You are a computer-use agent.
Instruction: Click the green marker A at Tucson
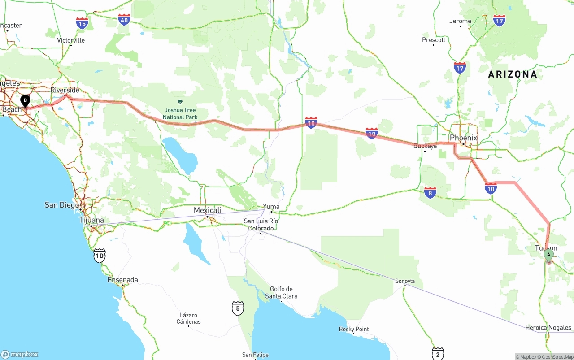[x=548, y=255]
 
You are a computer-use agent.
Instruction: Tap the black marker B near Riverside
[x=26, y=101]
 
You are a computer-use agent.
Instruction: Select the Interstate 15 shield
[x=82, y=23]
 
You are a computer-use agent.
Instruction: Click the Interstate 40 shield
[x=124, y=19]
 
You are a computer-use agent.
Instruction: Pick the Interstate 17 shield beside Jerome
[x=499, y=20]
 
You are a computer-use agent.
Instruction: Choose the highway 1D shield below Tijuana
[x=100, y=256]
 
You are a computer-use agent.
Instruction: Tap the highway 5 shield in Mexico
[x=238, y=308]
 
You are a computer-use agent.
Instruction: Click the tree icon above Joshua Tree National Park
[x=180, y=102]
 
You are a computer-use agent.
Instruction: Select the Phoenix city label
[x=463, y=138]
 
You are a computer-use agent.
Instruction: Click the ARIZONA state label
[x=512, y=74]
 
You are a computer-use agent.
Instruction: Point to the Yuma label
[x=271, y=207]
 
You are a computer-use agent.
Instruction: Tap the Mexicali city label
[x=207, y=210]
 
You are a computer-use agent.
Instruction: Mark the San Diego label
[x=62, y=205]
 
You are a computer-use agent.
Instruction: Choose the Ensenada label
[x=122, y=280]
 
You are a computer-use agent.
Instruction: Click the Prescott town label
[x=434, y=40]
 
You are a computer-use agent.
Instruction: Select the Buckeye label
[x=425, y=146]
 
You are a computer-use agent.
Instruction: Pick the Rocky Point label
[x=354, y=329]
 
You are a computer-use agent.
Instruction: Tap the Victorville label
[x=71, y=40]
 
